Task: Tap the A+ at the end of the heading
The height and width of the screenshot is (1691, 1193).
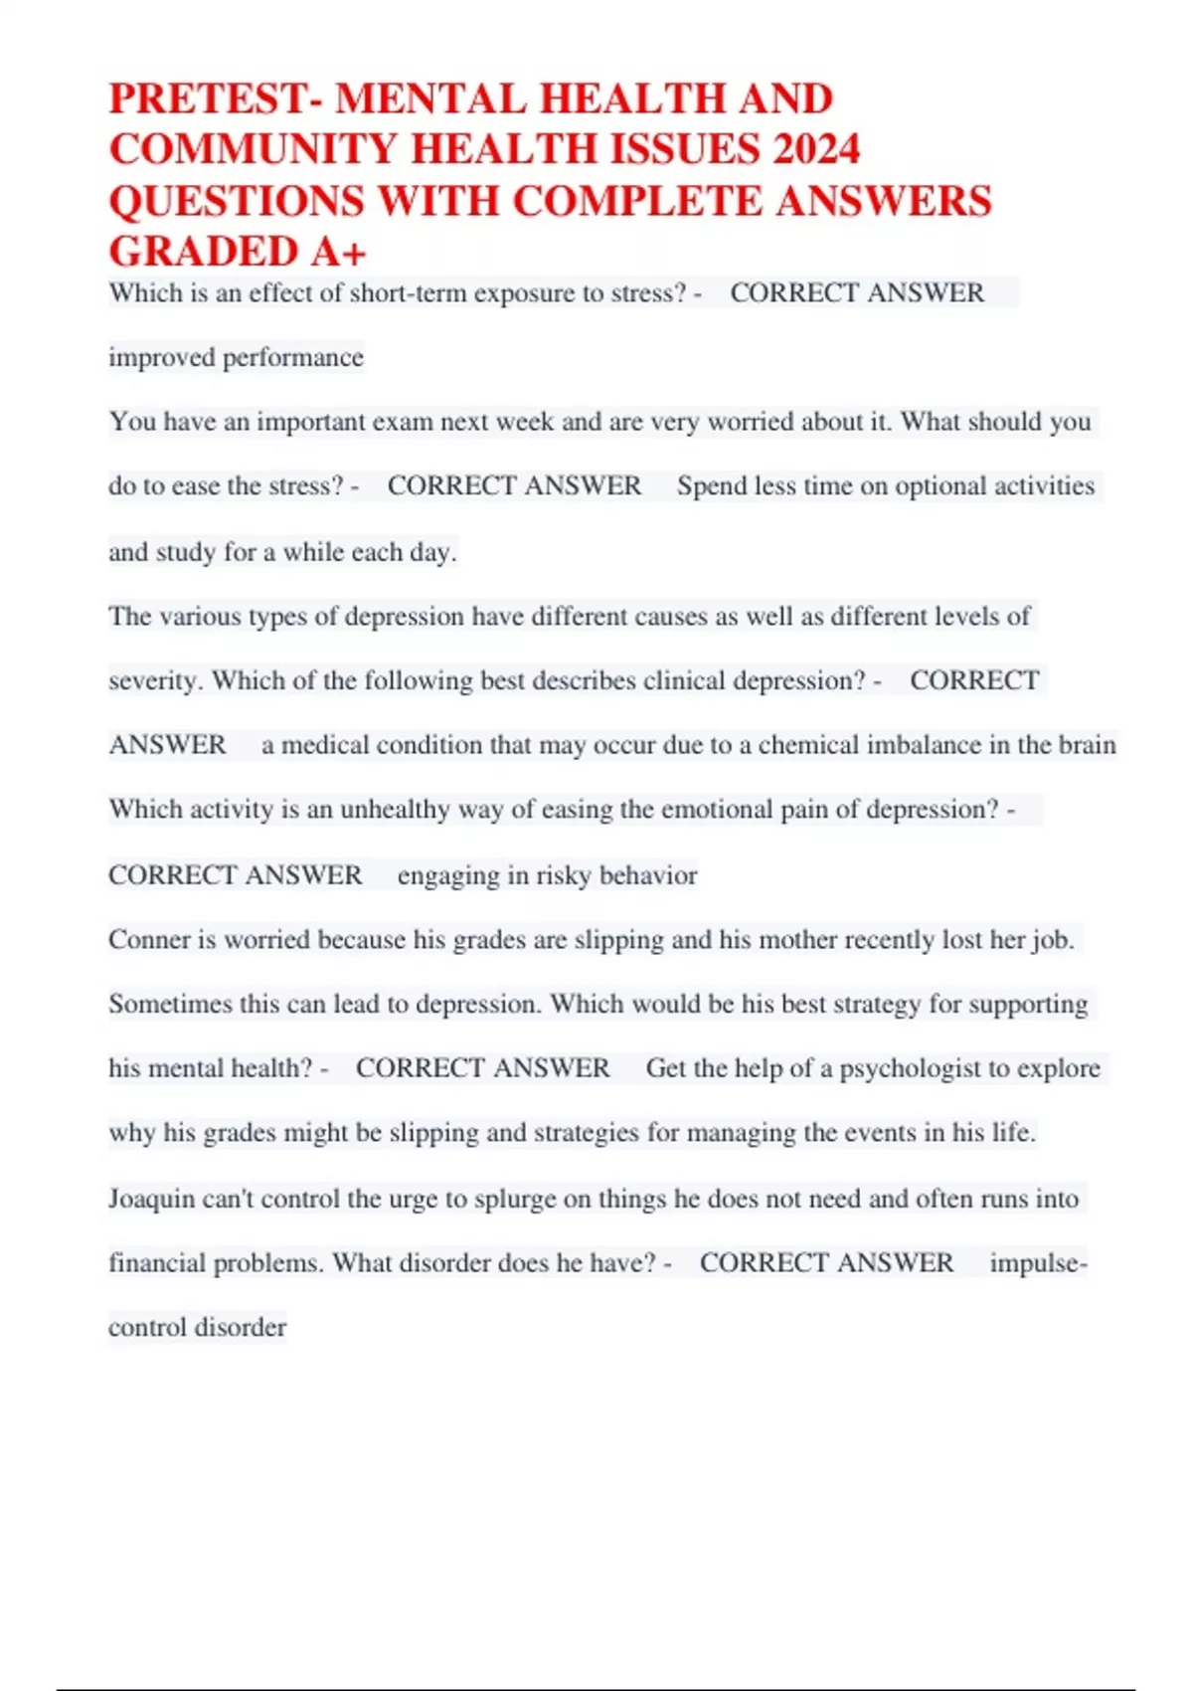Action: [x=338, y=253]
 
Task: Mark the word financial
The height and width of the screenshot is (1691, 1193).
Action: [x=157, y=1263]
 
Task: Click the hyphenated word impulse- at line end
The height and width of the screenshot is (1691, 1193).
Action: [x=1038, y=1263]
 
